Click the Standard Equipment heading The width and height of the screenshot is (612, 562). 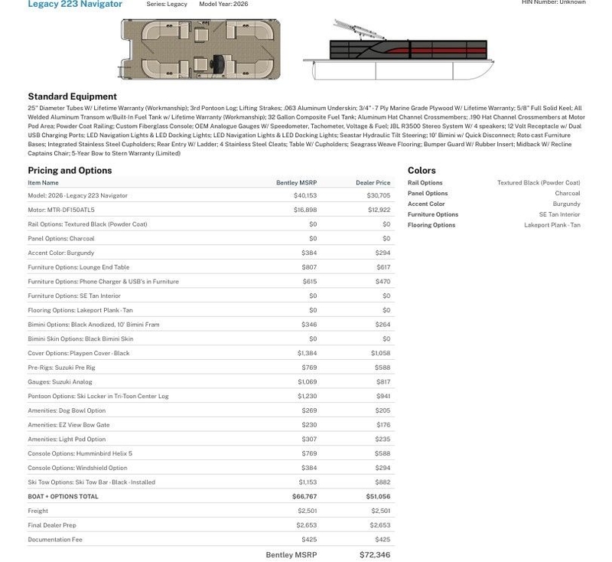pos(72,96)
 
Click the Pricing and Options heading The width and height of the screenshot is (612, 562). pos(70,171)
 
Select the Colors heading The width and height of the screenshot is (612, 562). pos(422,171)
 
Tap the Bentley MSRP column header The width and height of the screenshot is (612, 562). pos(296,183)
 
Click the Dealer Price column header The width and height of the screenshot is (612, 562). pos(373,183)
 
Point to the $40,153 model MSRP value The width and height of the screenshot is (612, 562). pos(305,195)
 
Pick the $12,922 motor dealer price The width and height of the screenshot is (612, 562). pos(379,210)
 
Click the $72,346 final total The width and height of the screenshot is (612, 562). pos(375,554)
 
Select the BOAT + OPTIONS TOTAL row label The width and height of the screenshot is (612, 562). pos(63,496)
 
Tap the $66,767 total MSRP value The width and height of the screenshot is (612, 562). pos(304,496)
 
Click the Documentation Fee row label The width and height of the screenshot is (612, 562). pos(55,540)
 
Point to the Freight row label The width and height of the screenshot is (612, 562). pos(38,511)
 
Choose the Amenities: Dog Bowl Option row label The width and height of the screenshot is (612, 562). pos(67,410)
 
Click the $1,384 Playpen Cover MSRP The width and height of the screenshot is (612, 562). pos(307,353)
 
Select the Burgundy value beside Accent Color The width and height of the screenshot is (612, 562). pos(566,204)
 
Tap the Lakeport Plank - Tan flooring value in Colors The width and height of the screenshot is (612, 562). pos(552,225)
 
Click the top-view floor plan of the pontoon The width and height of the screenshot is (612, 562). pos(200,50)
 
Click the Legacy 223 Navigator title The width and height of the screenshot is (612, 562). pos(75,5)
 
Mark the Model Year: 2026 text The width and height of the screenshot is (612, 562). pos(223,5)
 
